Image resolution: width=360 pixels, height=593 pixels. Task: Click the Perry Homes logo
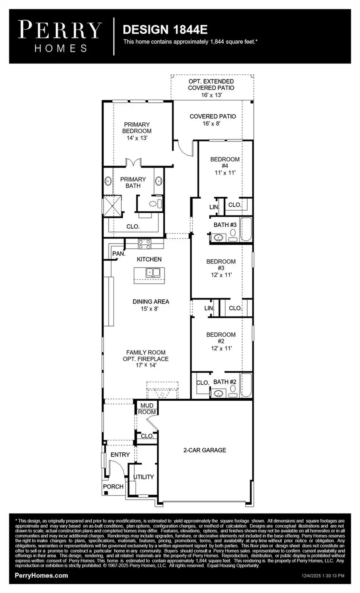60,36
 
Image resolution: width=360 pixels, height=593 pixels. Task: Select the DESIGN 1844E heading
165,29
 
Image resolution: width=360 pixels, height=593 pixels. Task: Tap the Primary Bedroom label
137,131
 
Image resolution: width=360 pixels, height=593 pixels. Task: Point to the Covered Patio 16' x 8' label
212,120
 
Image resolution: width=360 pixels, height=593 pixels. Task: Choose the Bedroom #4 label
225,166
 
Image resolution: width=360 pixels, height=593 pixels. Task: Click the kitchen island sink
152,273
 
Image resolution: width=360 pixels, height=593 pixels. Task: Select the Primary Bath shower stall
112,206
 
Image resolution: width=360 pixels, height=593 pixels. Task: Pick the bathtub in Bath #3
246,230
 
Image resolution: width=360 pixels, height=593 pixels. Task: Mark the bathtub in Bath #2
246,385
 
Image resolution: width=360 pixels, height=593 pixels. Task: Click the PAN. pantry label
118,254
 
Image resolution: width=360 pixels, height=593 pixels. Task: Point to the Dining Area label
151,305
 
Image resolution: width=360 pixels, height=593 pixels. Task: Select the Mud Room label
147,409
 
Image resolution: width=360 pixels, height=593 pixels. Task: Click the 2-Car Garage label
204,450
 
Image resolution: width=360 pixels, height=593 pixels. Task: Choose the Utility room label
143,477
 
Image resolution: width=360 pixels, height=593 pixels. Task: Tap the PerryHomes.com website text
41,575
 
